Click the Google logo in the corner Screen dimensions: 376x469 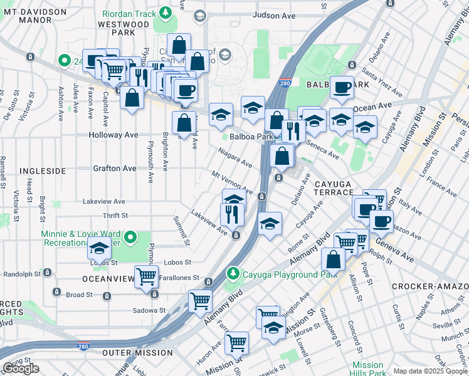click(x=21, y=368)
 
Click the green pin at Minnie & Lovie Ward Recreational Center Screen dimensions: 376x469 click(x=130, y=237)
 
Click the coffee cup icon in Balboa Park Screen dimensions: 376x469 click(x=342, y=88)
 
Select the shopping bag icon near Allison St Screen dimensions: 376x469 click(x=334, y=258)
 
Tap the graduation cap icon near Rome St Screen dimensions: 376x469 click(x=270, y=223)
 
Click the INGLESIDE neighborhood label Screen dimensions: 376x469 click(x=42, y=170)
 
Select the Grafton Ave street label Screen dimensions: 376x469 click(x=114, y=169)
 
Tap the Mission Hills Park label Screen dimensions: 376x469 click(x=367, y=369)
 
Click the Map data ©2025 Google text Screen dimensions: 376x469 click(x=430, y=371)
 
